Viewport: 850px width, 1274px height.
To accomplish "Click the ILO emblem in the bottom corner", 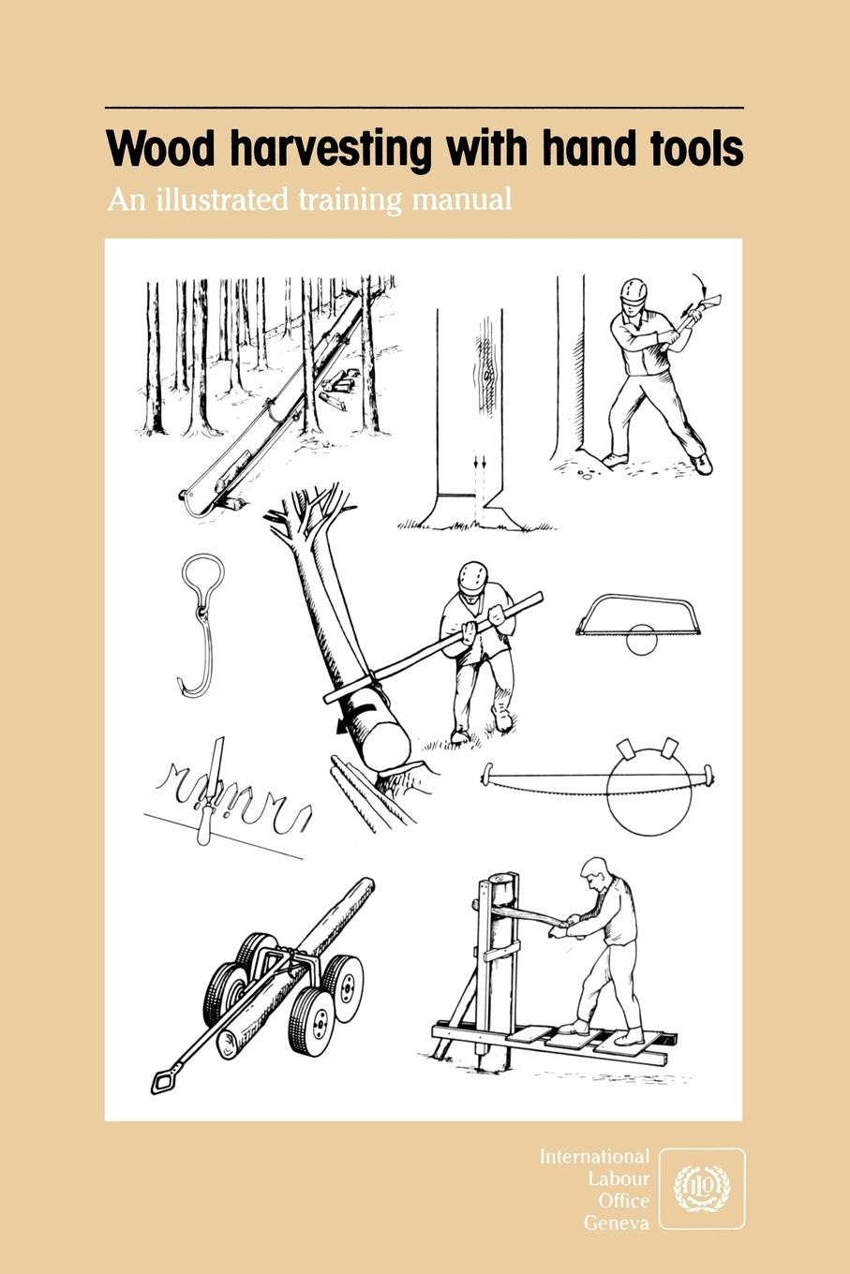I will pos(702,1188).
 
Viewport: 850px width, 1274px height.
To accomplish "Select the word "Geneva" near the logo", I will pos(616,1222).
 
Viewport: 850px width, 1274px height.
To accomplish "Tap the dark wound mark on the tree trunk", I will pos(488,372).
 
